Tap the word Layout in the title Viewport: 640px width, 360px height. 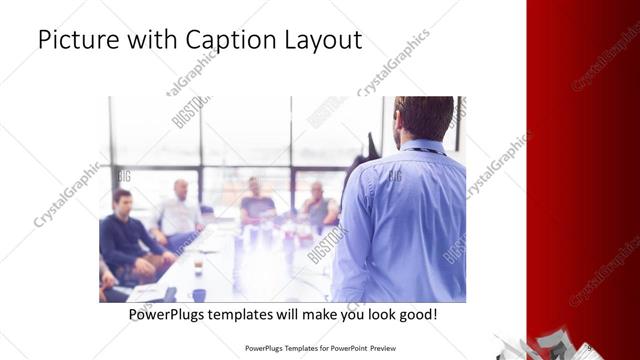319,42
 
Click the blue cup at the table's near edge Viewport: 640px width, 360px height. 199,294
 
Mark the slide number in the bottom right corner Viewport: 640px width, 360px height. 591,348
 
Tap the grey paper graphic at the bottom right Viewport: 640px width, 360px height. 540,345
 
